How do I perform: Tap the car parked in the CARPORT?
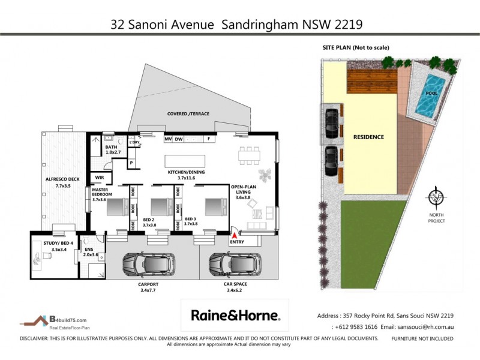tap(147, 264)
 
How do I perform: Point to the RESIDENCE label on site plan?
tap(368, 137)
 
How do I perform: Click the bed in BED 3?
tap(212, 206)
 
